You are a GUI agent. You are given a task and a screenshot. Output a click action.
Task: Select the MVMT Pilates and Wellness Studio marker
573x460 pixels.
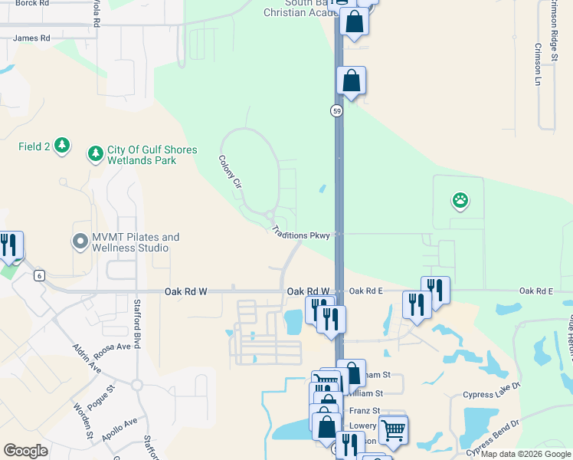80,243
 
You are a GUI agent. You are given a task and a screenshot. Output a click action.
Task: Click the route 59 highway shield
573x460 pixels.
336,111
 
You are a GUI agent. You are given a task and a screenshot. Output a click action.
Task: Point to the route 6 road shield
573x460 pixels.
38,274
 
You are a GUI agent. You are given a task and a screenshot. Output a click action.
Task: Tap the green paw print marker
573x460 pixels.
460,202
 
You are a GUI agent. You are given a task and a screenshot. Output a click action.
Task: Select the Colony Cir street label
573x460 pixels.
230,173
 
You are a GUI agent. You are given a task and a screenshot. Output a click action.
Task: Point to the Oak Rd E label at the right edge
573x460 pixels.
535,291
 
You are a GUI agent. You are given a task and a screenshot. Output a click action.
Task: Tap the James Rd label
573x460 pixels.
31,38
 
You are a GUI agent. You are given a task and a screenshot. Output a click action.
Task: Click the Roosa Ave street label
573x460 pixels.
113,349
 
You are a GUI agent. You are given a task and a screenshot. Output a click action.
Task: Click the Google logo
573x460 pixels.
25,451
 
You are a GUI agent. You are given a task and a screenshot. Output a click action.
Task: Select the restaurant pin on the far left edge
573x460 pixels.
10,245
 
